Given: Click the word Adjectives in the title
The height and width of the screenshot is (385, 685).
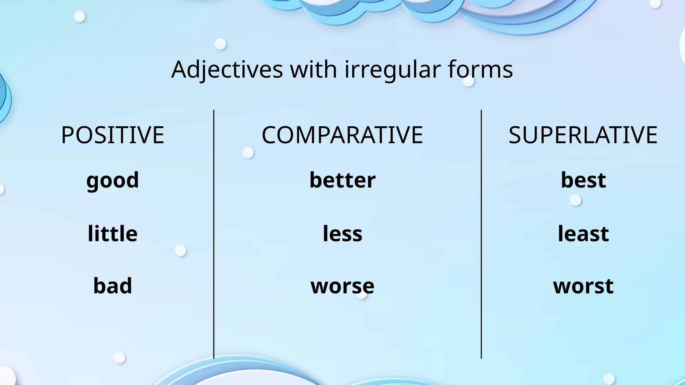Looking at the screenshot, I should pyautogui.click(x=227, y=70).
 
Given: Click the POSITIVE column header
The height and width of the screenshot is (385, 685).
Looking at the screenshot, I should pyautogui.click(x=113, y=135).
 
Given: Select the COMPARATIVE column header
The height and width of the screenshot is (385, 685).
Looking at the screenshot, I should pyautogui.click(x=342, y=135).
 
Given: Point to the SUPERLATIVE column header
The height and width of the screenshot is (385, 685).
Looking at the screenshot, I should pyautogui.click(x=583, y=135).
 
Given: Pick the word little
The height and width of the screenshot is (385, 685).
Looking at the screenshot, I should pyautogui.click(x=113, y=234).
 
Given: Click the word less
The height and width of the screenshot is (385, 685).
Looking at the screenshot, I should pyautogui.click(x=342, y=234).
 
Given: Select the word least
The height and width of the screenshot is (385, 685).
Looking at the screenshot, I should pyautogui.click(x=583, y=234).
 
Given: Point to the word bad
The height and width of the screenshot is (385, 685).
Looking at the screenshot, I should pyautogui.click(x=113, y=286).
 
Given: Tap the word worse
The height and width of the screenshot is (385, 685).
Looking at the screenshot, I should pyautogui.click(x=342, y=286).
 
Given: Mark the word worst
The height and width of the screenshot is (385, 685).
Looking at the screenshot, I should pyautogui.click(x=583, y=286).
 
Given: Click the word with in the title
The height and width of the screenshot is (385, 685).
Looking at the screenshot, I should pyautogui.click(x=313, y=70).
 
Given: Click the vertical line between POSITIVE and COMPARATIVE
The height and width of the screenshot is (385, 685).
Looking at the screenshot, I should pyautogui.click(x=214, y=234).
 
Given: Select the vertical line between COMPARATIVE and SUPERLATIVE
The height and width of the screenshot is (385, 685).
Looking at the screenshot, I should pyautogui.click(x=481, y=234).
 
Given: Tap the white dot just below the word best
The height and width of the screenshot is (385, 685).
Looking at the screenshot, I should pyautogui.click(x=575, y=201).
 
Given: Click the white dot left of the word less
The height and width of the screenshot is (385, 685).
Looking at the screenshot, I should pyautogui.click(x=181, y=251).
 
